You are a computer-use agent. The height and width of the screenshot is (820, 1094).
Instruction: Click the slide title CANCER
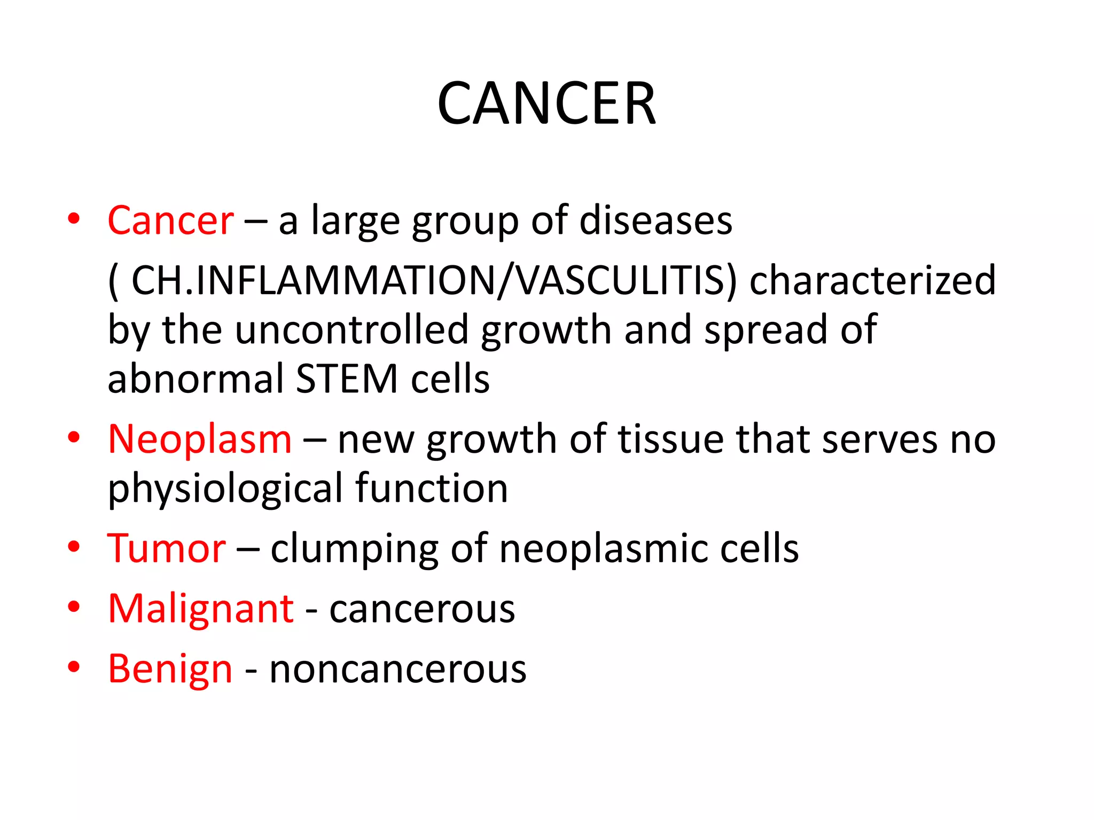click(x=546, y=104)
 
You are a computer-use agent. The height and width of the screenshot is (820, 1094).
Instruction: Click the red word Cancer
click(x=170, y=220)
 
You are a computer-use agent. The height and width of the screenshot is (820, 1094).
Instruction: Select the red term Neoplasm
click(x=200, y=439)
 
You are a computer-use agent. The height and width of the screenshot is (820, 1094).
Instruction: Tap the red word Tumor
click(x=167, y=548)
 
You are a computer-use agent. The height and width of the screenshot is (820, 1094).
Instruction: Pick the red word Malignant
click(x=201, y=609)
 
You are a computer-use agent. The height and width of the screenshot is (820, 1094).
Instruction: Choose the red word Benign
click(x=170, y=669)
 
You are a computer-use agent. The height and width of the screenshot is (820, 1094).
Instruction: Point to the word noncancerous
click(x=398, y=669)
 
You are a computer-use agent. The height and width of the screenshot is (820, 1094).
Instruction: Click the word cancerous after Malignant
click(x=422, y=609)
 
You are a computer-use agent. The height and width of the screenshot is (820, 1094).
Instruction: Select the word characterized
click(x=873, y=280)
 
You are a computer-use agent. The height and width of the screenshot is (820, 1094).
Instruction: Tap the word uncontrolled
click(x=351, y=330)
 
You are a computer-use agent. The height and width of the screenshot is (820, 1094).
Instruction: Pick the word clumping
click(x=354, y=549)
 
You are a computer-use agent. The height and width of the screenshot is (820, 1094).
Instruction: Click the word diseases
click(x=656, y=220)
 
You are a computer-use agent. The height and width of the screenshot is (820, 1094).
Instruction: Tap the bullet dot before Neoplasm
click(x=74, y=438)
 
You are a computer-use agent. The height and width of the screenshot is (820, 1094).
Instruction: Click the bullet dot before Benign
click(x=74, y=667)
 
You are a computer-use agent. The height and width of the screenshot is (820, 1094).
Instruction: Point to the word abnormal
click(x=196, y=379)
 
